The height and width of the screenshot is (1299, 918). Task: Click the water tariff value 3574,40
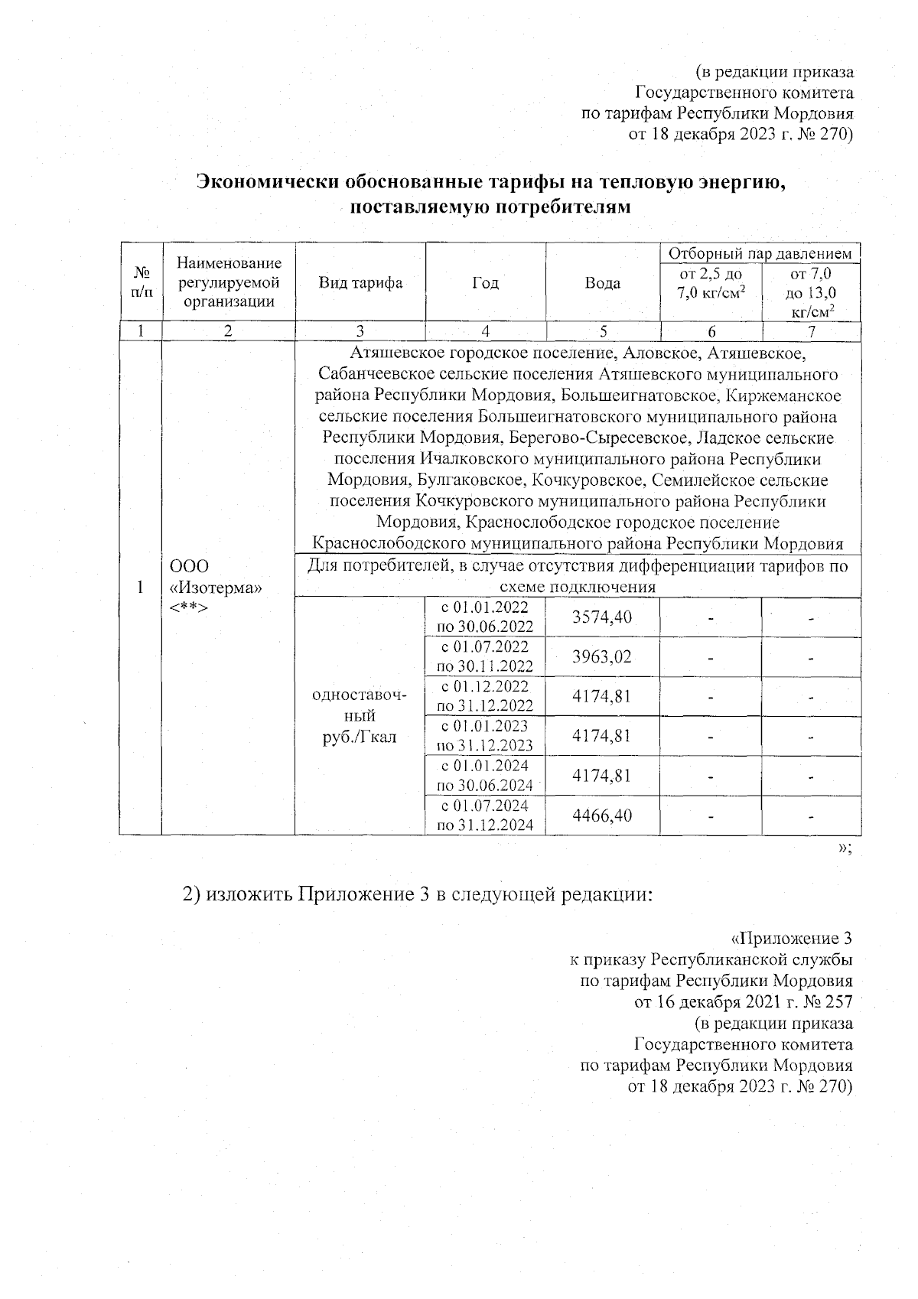pos(602,617)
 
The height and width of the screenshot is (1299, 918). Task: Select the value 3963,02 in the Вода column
pos(602,656)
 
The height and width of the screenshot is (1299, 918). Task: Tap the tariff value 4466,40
pos(602,815)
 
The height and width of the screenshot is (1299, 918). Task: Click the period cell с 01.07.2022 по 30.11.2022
pos(485,656)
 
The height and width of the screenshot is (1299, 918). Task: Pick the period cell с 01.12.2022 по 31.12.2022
pos(485,696)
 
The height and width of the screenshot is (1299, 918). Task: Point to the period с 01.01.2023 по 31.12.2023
pos(485,735)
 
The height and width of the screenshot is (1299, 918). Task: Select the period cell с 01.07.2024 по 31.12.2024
pos(485,815)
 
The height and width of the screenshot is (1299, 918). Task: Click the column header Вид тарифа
pos(360,283)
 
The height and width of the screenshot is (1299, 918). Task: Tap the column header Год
pos(485,283)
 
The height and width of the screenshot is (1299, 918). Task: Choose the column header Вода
pos(602,283)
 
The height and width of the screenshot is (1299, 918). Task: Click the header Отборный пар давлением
pos(760,253)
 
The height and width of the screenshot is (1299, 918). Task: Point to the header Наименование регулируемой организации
pos(229,282)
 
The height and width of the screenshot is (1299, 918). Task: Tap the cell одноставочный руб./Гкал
pos(360,716)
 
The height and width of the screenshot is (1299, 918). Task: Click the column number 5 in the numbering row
pos(603,331)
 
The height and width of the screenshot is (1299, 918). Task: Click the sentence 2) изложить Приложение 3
pos(416,894)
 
